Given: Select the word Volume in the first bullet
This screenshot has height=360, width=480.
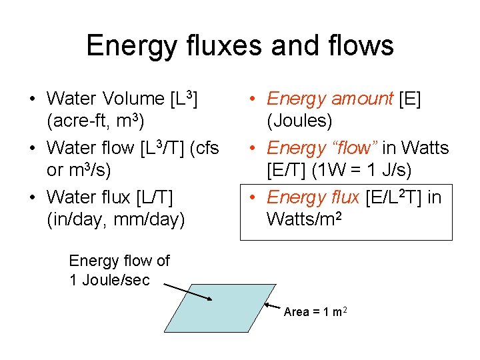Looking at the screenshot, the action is coord(133,99).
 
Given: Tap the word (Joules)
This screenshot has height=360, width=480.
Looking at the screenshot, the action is coord(299,122).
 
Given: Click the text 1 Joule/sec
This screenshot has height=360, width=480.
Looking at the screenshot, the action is coord(109,280).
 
